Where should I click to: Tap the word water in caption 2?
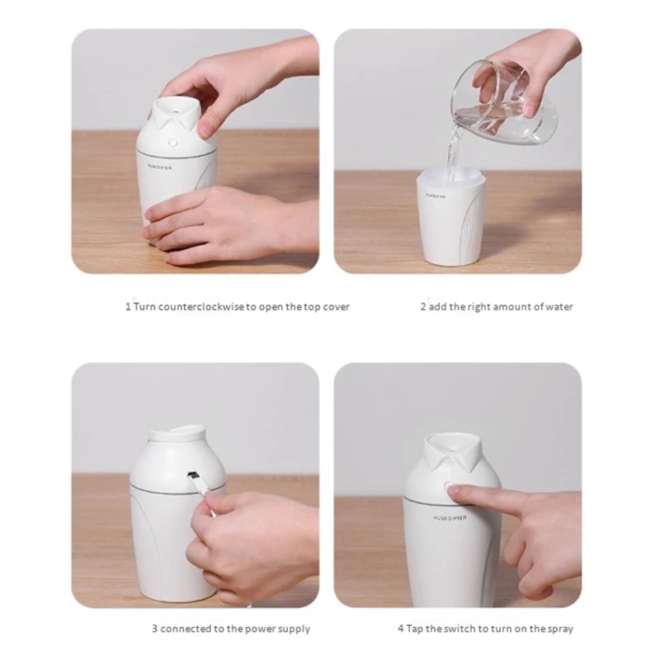pos(559,307)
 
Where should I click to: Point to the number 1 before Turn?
pos(128,307)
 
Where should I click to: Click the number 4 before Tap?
pos(401,629)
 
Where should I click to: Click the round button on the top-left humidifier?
pos(172,143)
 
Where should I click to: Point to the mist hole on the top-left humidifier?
pos(175,111)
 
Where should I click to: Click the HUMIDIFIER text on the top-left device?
pos(159,167)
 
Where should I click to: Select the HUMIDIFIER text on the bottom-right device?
pos(450,518)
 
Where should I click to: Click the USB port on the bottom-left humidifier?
pos(193,475)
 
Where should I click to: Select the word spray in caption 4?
pos(560,629)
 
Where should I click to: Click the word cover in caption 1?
pos(336,307)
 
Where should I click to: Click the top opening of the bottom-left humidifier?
pos(177,433)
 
